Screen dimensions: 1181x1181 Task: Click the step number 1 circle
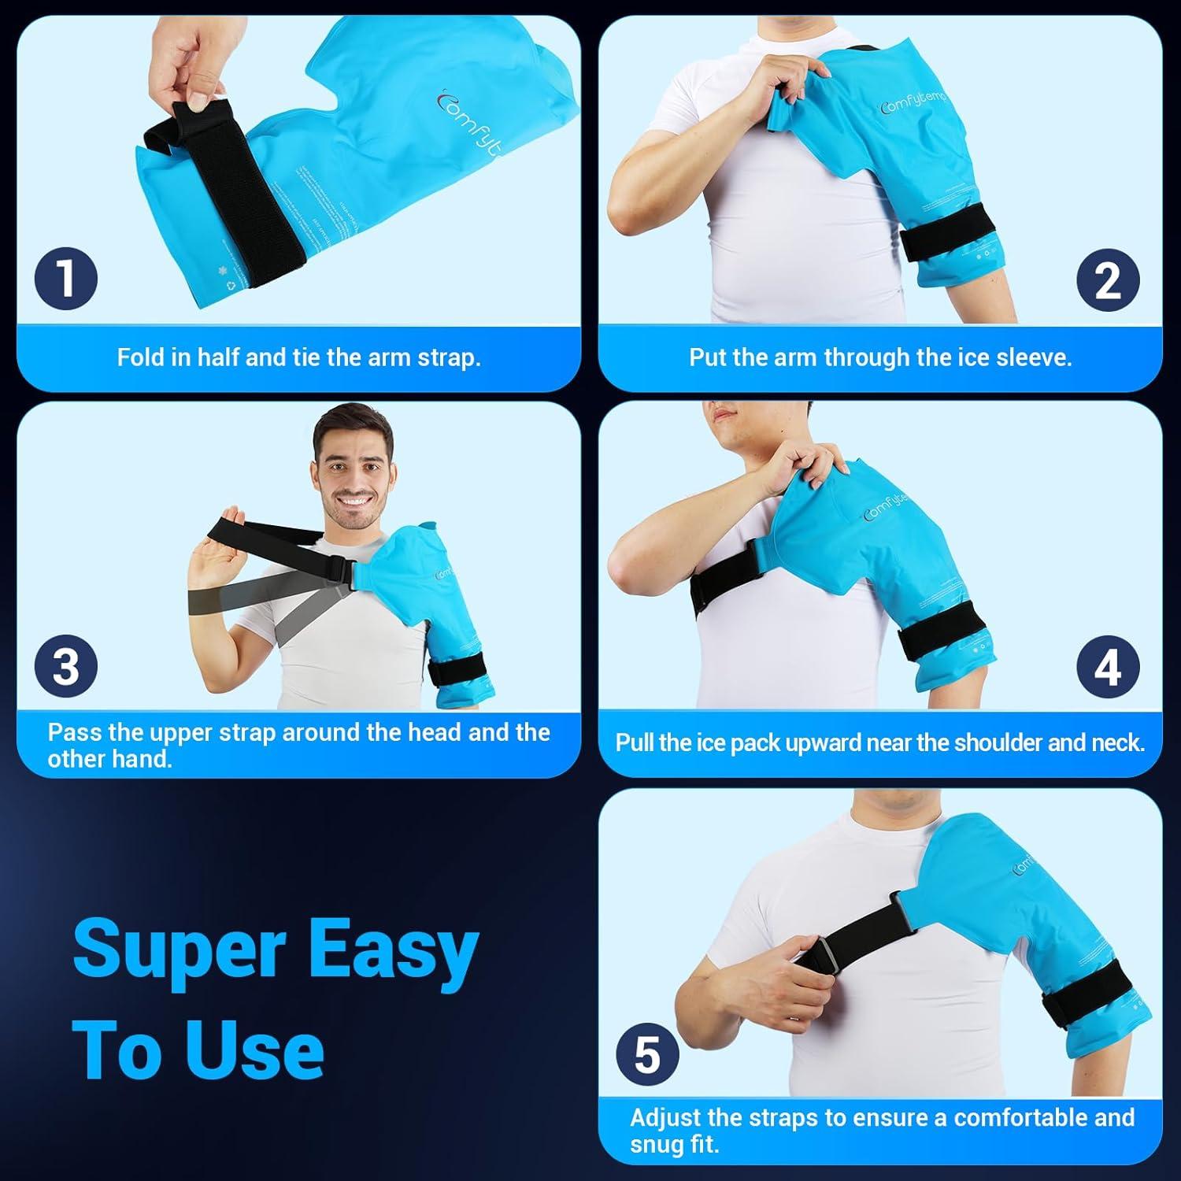click(66, 279)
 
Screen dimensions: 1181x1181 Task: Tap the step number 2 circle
click(1108, 280)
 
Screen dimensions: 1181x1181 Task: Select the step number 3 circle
click(66, 666)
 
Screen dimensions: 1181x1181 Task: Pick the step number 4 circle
click(1108, 667)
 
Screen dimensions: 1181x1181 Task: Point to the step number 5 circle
click(647, 1055)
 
